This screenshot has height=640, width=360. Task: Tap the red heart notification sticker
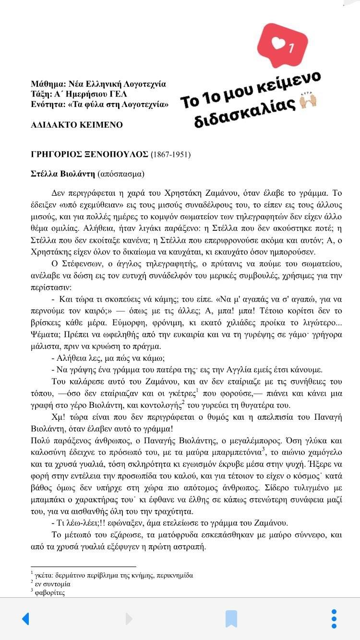(282, 45)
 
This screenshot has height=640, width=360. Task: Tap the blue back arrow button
(25, 618)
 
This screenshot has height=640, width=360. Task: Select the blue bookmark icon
(231, 618)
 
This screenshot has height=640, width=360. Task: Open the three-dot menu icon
(334, 618)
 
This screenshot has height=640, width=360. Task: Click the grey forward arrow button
(129, 618)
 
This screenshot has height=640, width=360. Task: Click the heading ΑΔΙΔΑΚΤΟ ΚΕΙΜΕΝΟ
(77, 125)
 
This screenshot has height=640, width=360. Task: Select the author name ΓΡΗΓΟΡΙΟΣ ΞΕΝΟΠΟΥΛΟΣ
(90, 154)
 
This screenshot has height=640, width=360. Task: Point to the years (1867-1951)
(170, 154)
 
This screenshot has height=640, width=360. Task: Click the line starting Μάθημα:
(98, 84)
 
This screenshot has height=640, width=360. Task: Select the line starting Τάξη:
(79, 94)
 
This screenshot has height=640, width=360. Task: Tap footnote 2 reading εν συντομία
(52, 584)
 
